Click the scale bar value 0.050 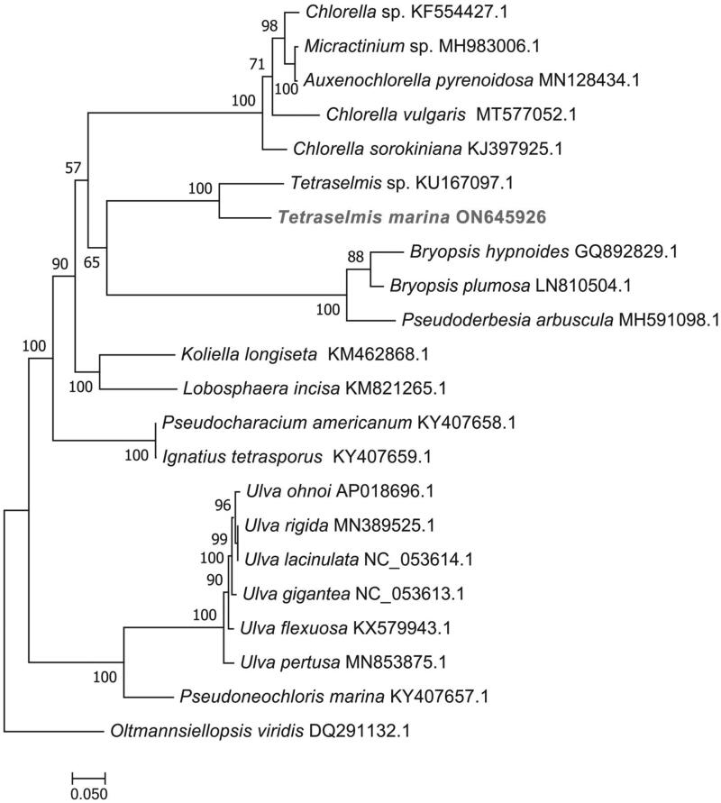tap(89, 794)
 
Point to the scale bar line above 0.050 tap(88, 775)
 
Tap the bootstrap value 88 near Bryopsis tap(357, 257)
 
